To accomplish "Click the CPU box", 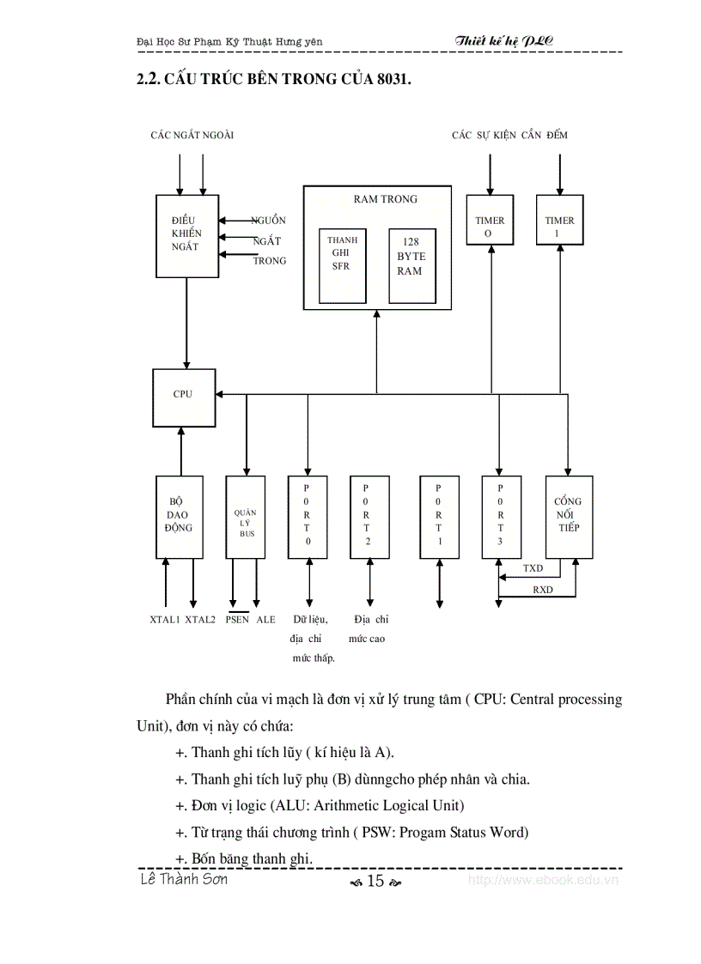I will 184,396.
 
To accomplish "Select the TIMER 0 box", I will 491,220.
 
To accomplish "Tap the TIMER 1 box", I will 560,220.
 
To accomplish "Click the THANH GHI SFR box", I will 343,265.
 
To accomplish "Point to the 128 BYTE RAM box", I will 411,265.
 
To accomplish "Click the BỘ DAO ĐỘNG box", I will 179,518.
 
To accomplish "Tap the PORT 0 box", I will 308,518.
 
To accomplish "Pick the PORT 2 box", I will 369,518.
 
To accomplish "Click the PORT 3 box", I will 501,518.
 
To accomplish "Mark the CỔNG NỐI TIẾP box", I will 569,518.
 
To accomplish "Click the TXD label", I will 533,569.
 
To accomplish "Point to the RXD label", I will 542,590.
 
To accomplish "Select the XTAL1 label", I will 164,619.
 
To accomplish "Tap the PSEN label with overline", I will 237,619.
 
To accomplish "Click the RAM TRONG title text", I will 386,199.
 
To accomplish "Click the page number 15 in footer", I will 375,881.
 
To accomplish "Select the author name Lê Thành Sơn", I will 183,879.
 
